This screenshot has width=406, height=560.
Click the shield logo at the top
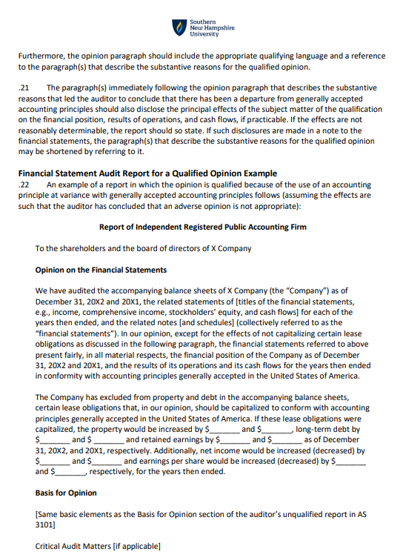click(x=179, y=28)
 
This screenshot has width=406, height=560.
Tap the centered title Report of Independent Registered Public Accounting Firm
click(x=202, y=227)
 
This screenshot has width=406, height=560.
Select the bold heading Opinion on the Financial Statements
click(x=101, y=270)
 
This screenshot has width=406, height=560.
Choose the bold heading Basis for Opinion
click(x=65, y=493)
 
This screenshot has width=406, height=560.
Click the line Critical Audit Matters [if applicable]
click(x=97, y=547)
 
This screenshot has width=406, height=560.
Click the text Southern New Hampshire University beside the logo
click(x=212, y=28)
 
